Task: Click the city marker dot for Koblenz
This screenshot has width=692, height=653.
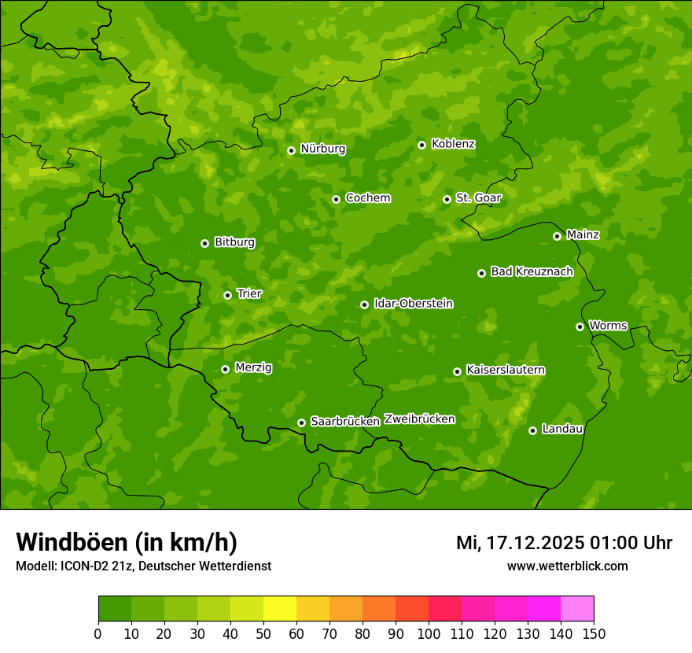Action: pyautogui.click(x=421, y=145)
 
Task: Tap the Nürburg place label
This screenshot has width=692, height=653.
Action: pyautogui.click(x=322, y=149)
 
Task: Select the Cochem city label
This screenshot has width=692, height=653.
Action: pyautogui.click(x=367, y=197)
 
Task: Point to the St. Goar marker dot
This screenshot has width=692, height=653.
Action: pyautogui.click(x=447, y=199)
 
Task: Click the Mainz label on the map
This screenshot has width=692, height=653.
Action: pyautogui.click(x=583, y=234)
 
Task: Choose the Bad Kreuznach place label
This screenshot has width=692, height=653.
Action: pyautogui.click(x=532, y=271)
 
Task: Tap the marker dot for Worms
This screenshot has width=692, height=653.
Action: pyautogui.click(x=580, y=326)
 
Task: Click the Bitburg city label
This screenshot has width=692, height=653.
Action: pyautogui.click(x=234, y=242)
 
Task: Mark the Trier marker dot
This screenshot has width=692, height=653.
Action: pyautogui.click(x=227, y=295)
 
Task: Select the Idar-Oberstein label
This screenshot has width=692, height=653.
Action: pyautogui.click(x=413, y=303)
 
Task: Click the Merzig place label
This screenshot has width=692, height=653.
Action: pyautogui.click(x=253, y=367)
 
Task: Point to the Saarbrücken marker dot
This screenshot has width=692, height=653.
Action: pyautogui.click(x=301, y=422)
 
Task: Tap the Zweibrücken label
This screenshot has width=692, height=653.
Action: pyautogui.click(x=419, y=419)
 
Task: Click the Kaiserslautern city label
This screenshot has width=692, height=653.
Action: pyautogui.click(x=506, y=370)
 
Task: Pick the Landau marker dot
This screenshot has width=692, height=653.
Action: pyautogui.click(x=532, y=430)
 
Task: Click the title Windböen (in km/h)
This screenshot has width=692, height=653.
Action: pyautogui.click(x=127, y=542)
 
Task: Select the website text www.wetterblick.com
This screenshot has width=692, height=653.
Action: pyautogui.click(x=567, y=566)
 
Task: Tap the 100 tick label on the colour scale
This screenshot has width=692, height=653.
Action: pyautogui.click(x=429, y=633)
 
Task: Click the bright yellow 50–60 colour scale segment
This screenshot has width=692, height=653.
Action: pyautogui.click(x=280, y=608)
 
